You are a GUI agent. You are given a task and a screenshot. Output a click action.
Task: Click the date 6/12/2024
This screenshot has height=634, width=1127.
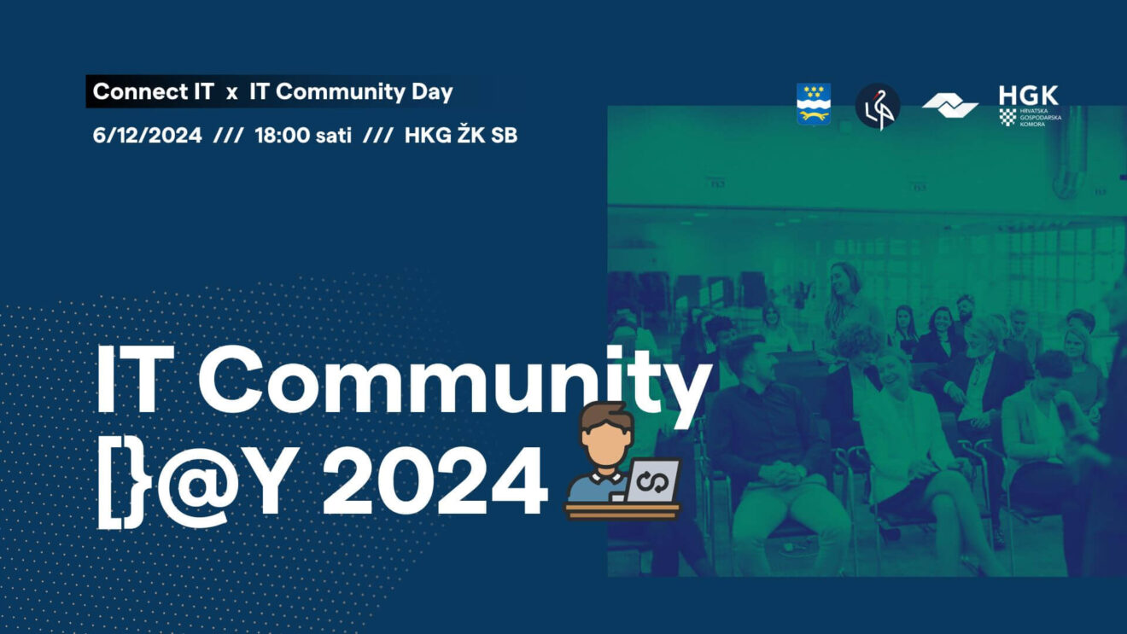tap(147, 136)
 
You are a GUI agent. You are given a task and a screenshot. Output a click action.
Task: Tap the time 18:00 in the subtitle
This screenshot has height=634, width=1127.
tap(283, 136)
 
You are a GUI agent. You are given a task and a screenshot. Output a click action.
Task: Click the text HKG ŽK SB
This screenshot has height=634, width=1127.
tap(461, 135)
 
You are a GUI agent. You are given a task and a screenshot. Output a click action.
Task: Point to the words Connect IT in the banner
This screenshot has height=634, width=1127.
tap(154, 92)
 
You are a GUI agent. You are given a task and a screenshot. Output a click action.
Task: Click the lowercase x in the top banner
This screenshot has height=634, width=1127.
tap(231, 94)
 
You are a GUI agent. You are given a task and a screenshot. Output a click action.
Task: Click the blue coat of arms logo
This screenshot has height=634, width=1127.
tap(814, 104)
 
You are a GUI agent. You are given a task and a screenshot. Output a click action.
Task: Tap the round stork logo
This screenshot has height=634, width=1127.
tap(878, 106)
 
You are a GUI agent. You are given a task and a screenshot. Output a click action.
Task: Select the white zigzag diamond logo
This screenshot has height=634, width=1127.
tap(950, 106)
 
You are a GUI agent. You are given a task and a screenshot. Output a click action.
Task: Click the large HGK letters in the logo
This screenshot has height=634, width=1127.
tap(1028, 95)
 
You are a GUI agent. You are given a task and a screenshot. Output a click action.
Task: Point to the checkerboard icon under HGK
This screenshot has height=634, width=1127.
tap(1007, 117)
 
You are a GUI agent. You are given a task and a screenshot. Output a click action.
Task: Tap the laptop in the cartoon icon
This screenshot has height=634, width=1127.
tap(652, 481)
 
